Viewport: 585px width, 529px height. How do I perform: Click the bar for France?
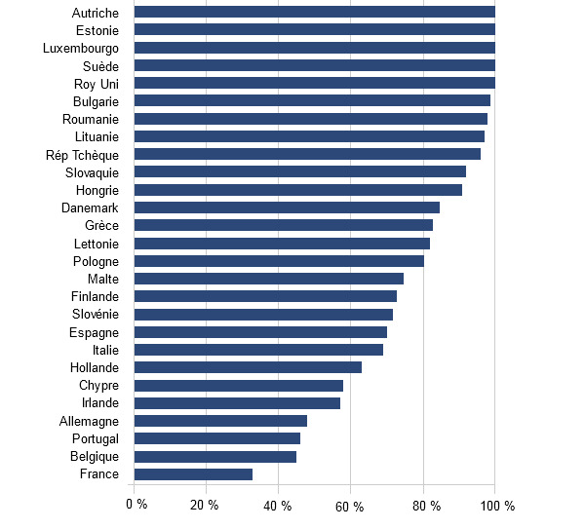193,474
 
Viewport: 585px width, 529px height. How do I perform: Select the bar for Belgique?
214,456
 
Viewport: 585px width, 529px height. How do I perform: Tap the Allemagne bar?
220,421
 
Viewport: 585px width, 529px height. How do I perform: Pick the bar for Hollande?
248,367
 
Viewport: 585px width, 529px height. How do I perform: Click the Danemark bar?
287,208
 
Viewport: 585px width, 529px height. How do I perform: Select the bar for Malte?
268,279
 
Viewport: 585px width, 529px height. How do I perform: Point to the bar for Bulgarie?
312,100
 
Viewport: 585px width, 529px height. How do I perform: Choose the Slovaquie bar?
299,171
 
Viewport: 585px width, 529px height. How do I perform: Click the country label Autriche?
96,13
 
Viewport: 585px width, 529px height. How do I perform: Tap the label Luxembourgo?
81,48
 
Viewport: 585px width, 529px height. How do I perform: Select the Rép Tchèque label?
82,154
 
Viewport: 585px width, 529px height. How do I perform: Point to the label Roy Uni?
97,84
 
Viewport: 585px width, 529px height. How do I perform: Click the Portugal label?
95,438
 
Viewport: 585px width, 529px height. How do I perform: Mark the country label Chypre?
98,385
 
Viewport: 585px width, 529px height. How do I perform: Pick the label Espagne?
95,332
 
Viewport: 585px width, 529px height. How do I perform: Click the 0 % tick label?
136,505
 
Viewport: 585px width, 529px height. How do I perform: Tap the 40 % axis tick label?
279,505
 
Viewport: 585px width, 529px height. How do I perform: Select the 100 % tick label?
497,505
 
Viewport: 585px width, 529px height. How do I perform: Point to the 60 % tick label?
350,505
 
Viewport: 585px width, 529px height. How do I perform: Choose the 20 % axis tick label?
205,505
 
